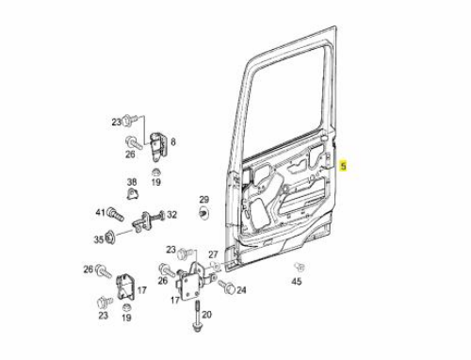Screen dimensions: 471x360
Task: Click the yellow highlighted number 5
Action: coord(344,166)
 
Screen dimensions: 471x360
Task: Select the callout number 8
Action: coord(173,142)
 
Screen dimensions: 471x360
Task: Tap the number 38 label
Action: coord(132,182)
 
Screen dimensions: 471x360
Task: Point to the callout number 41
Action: coord(100,213)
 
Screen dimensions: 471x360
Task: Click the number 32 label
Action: coord(171,215)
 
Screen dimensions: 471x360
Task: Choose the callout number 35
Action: coord(99,239)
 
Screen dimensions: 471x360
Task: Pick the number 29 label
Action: coord(204,199)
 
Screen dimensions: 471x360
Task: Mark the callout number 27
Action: coord(213,254)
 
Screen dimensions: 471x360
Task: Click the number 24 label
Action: coord(241,290)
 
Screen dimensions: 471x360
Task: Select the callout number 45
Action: coord(297,282)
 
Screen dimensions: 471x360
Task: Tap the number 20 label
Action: coord(207,314)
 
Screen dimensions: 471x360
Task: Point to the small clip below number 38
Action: coord(133,194)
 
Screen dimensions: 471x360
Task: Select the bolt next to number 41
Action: coord(115,214)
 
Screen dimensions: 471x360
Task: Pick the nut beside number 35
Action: coord(111,237)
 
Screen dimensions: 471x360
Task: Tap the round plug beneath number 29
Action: coord(204,212)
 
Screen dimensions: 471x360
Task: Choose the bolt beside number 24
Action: coord(227,286)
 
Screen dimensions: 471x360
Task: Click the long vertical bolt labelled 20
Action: coord(198,317)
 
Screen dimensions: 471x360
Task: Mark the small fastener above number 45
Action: coord(300,267)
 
